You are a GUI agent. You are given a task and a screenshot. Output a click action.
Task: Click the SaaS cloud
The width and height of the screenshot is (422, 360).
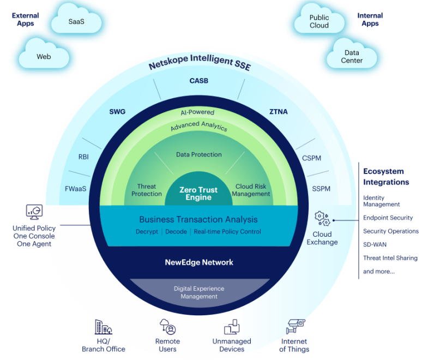(x=76, y=22)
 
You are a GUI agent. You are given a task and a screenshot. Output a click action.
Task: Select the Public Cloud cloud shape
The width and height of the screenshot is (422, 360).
(x=319, y=22)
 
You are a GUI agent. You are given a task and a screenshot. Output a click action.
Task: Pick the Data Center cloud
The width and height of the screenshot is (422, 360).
(x=352, y=56)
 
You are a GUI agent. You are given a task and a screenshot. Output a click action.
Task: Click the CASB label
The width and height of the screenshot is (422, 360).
(x=198, y=81)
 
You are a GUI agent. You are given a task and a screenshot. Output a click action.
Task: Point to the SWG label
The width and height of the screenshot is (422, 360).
(x=117, y=112)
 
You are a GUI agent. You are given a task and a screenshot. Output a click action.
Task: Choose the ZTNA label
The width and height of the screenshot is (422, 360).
(x=279, y=112)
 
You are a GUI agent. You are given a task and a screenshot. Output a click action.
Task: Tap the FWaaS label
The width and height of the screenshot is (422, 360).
(x=76, y=189)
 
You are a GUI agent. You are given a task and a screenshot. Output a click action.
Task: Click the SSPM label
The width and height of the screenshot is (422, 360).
(x=321, y=189)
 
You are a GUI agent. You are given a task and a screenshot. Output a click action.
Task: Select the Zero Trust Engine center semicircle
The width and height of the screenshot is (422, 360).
(x=198, y=194)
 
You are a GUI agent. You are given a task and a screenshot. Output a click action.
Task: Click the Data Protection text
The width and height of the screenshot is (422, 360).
(x=198, y=154)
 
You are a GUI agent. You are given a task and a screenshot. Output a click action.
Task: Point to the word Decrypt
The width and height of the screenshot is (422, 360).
(x=147, y=231)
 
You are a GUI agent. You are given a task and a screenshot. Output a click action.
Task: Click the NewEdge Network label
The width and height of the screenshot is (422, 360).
(x=199, y=262)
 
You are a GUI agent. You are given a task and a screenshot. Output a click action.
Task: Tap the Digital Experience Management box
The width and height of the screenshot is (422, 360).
(x=199, y=292)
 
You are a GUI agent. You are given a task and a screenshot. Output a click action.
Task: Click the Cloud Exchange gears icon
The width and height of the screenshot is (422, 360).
(x=322, y=219)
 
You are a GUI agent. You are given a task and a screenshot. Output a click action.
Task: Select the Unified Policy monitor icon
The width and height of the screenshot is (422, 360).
(x=34, y=212)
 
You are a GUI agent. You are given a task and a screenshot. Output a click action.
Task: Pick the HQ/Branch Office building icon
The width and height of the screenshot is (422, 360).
(x=103, y=327)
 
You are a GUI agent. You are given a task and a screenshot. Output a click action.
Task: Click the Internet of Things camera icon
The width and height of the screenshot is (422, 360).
(x=295, y=326)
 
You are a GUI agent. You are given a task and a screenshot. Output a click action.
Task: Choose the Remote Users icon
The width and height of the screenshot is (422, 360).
(x=167, y=327)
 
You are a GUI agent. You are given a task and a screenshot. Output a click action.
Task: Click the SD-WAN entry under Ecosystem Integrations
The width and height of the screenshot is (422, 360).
(x=375, y=244)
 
